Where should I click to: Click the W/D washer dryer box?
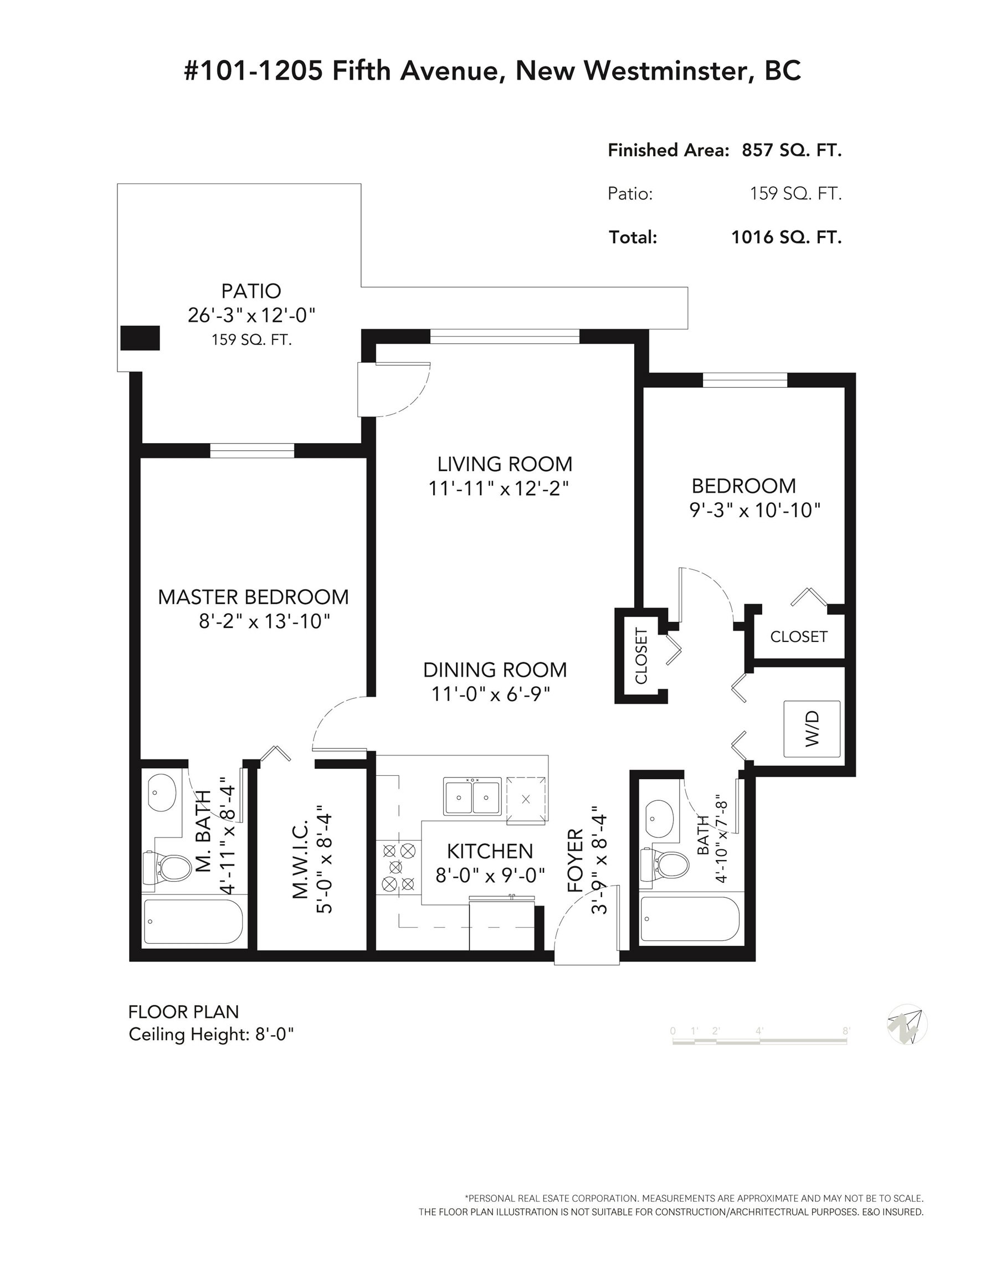(x=812, y=729)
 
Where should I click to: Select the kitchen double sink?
(x=471, y=796)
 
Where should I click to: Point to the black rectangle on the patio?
(x=140, y=338)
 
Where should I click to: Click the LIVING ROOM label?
(x=505, y=464)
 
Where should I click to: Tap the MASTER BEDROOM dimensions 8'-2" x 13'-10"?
(x=264, y=621)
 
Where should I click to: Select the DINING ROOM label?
(x=495, y=670)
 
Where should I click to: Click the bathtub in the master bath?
(x=193, y=922)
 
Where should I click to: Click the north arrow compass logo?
(x=907, y=1023)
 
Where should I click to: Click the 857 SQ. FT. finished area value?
(x=792, y=150)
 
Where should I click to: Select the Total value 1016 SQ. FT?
(x=786, y=236)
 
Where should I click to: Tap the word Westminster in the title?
(x=665, y=71)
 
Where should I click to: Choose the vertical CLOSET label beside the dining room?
(x=641, y=656)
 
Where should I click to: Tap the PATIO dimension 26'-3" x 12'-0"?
(x=251, y=316)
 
